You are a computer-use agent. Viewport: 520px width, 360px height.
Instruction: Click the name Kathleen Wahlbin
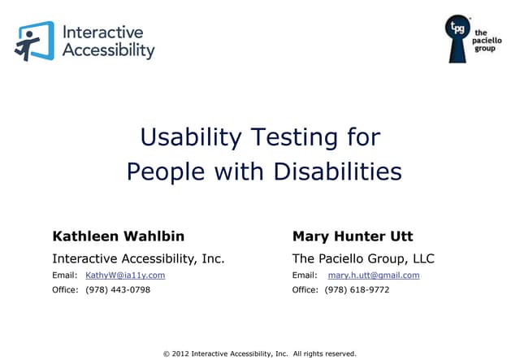pos(118,236)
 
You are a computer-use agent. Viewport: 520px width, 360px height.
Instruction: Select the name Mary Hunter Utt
pos(353,236)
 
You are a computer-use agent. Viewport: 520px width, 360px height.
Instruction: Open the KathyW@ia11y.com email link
pos(125,275)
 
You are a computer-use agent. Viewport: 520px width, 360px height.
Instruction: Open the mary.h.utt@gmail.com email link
pos(374,275)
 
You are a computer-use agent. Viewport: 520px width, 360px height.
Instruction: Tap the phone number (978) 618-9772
pos(357,290)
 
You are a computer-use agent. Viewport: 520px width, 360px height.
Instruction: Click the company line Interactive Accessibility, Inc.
pos(138,259)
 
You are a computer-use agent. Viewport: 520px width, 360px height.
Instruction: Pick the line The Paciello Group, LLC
pos(363,259)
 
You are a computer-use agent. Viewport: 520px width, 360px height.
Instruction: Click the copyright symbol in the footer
pos(166,353)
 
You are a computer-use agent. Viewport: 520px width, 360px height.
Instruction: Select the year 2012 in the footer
pos(180,353)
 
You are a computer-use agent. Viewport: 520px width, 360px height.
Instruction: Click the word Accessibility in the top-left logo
pos(108,50)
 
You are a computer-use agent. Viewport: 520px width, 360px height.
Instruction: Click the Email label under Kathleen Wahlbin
pos(65,275)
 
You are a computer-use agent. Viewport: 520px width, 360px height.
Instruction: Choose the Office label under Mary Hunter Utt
pos(305,290)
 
